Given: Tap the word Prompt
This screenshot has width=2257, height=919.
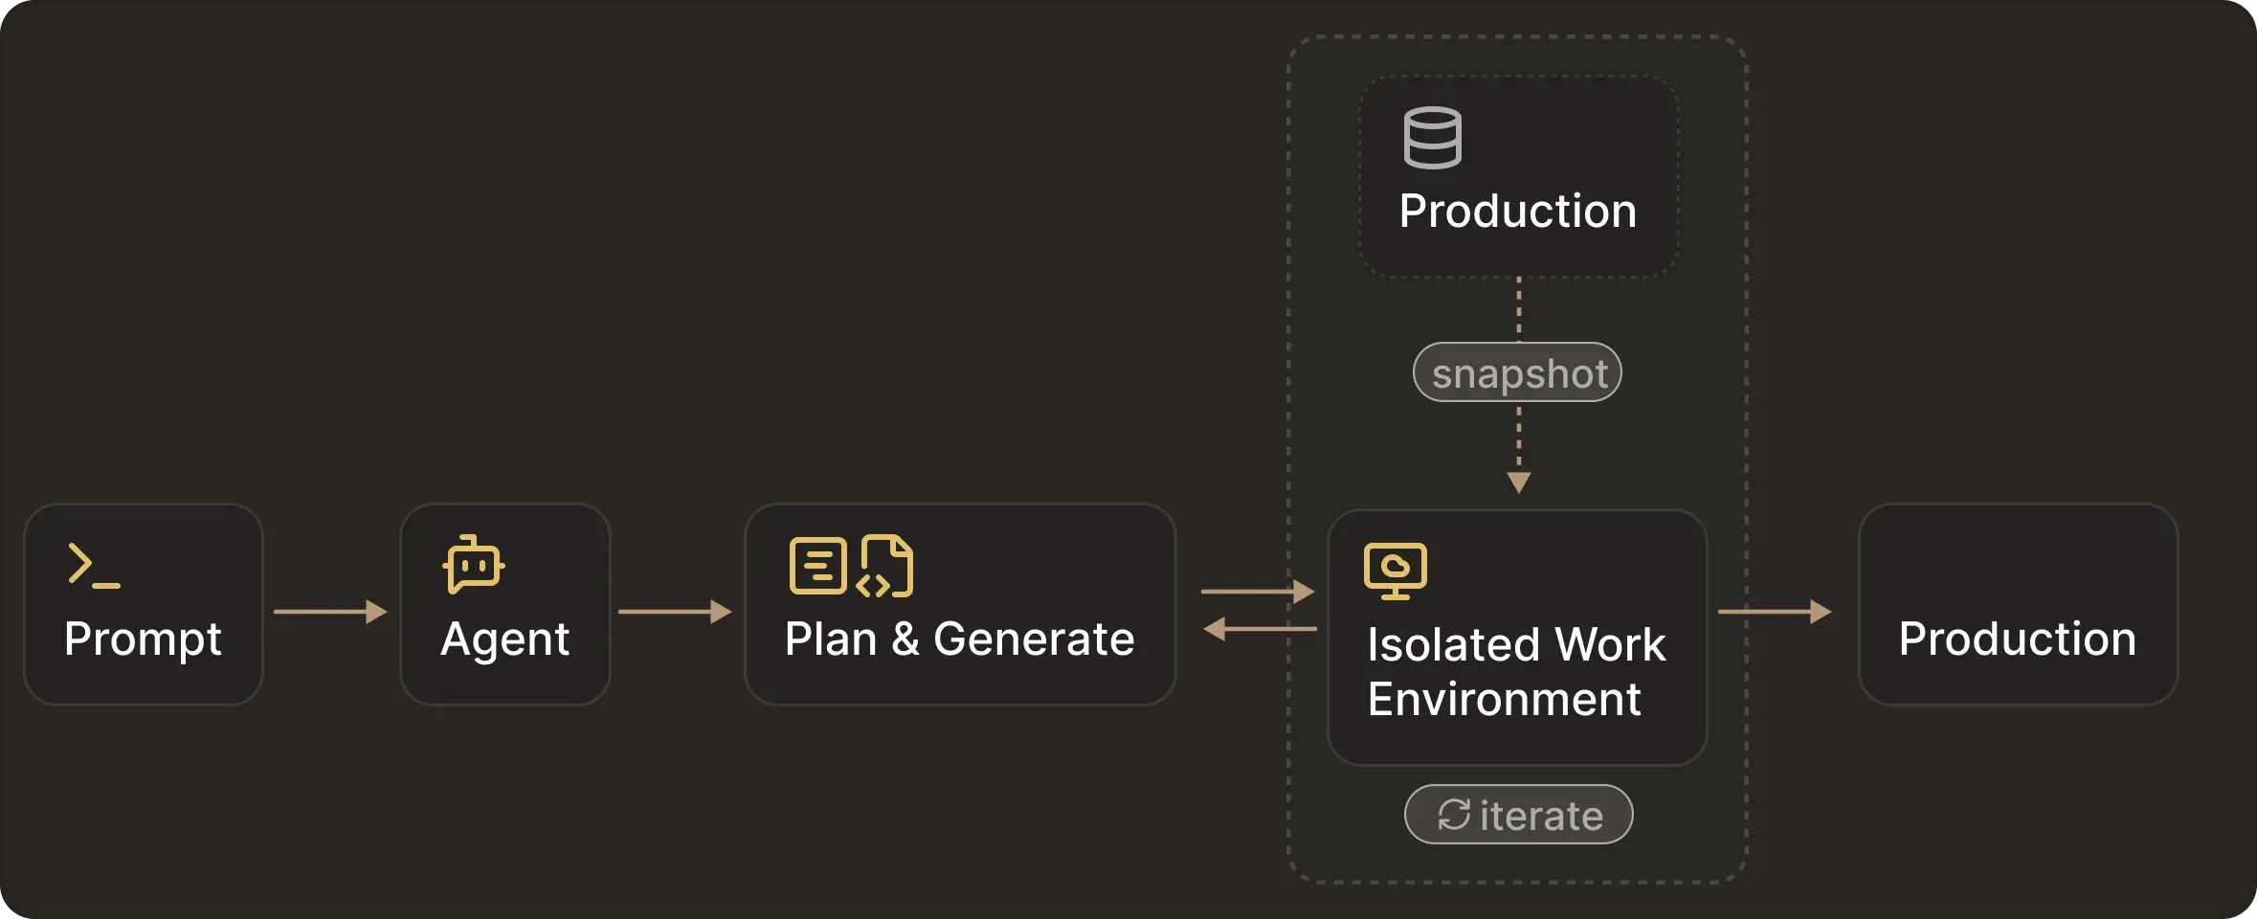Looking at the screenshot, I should (x=143, y=639).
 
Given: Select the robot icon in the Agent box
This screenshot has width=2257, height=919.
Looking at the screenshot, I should (x=474, y=565).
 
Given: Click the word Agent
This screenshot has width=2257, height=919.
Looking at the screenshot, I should (x=504, y=639).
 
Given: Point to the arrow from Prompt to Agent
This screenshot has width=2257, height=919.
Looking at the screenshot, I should (x=330, y=611).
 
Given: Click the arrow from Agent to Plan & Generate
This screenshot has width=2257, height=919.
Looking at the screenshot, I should (x=675, y=611).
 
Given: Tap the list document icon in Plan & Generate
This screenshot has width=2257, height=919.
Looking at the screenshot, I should (x=817, y=566).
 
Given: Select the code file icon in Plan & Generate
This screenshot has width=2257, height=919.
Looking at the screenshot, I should (x=886, y=566).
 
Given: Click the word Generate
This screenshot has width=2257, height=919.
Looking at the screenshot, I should (x=1034, y=639).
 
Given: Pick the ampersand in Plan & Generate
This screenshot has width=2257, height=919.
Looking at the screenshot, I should (x=905, y=639).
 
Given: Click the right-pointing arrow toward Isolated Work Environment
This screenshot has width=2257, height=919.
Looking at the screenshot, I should (x=1258, y=592).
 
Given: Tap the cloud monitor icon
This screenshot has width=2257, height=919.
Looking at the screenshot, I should (x=1395, y=571).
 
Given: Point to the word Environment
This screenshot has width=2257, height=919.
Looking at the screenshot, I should (x=1504, y=699).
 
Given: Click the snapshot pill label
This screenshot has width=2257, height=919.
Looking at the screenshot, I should (x=1518, y=372).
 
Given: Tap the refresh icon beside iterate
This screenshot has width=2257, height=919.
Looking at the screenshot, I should (x=1454, y=815).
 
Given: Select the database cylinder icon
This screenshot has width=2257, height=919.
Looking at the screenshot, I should (x=1432, y=138).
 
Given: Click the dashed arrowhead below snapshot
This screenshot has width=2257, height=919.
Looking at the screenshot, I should (x=1518, y=482).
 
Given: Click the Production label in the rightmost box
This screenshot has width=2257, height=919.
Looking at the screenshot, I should (x=2017, y=639).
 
